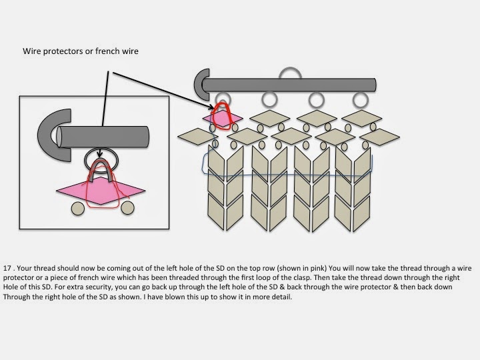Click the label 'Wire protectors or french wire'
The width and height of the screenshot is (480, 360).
81,51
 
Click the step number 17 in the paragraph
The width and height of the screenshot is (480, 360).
7,268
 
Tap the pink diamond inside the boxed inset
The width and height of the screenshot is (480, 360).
101,191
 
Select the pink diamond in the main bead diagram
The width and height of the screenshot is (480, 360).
223,118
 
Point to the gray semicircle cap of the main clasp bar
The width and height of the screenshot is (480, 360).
199,84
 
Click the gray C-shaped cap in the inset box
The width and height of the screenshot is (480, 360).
49,135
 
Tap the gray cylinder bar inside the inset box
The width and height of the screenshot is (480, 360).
103,137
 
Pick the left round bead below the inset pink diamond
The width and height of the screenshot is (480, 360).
78,209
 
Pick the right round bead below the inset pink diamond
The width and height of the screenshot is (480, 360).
127,208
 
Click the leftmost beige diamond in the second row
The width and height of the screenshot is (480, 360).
198,137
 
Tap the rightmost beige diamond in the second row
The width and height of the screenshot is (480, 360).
379,137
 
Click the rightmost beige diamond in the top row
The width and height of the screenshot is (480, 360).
362,119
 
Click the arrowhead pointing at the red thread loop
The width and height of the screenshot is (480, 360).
211,107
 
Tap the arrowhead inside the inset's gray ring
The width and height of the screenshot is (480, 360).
99,154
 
